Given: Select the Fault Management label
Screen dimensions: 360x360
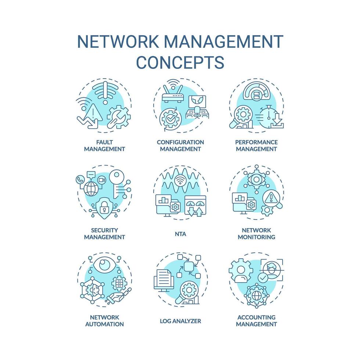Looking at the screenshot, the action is pos(104,145).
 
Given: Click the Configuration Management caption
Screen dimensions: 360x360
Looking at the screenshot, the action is pos(180,145).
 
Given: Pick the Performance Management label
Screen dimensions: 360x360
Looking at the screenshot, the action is pos(256,145).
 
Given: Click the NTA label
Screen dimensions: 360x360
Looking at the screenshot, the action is pos(180,234).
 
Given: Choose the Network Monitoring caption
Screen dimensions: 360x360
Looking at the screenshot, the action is pos(256,234).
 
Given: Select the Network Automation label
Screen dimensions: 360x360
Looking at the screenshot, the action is pos(104,321).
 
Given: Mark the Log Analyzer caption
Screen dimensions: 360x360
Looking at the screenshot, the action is pos(180,321).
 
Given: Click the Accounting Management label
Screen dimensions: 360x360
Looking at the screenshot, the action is pos(256,321).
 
